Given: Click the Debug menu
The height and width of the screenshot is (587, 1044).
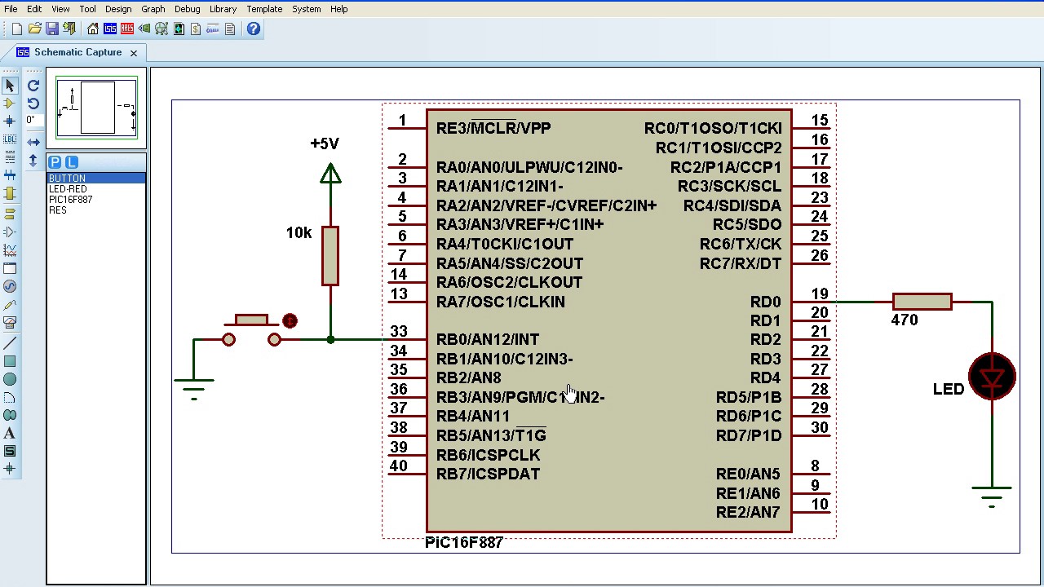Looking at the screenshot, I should tap(187, 9).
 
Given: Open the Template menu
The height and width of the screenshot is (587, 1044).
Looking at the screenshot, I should tap(264, 9).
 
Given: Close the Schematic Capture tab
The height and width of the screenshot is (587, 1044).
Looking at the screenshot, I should tap(133, 53).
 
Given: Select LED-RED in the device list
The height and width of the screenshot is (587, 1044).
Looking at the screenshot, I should tap(68, 189).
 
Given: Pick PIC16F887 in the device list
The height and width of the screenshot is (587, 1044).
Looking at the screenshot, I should tap(70, 200).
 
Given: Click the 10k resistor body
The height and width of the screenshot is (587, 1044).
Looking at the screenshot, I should tap(330, 256).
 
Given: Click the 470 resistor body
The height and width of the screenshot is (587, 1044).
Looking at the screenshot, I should tap(922, 302).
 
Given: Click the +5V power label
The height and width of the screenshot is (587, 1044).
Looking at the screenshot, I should tap(325, 143).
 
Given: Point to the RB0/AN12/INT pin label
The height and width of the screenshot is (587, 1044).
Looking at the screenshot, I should tap(487, 339).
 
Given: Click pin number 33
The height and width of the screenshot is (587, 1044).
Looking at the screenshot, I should tap(398, 332).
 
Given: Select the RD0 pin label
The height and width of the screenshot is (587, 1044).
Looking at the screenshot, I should tap(765, 302).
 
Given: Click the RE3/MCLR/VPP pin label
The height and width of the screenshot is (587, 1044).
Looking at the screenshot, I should tap(493, 128).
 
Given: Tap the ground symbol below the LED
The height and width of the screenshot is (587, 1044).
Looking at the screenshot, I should tap(992, 493).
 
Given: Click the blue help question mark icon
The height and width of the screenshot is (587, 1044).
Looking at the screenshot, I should tap(254, 29).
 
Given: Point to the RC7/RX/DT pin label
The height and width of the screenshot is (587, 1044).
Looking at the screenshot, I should tap(740, 263).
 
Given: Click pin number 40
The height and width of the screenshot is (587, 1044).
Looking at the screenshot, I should tap(398, 466).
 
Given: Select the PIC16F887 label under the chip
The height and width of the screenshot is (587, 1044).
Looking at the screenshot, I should tap(463, 543).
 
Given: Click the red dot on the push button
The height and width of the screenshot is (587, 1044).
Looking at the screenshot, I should tap(290, 320).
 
